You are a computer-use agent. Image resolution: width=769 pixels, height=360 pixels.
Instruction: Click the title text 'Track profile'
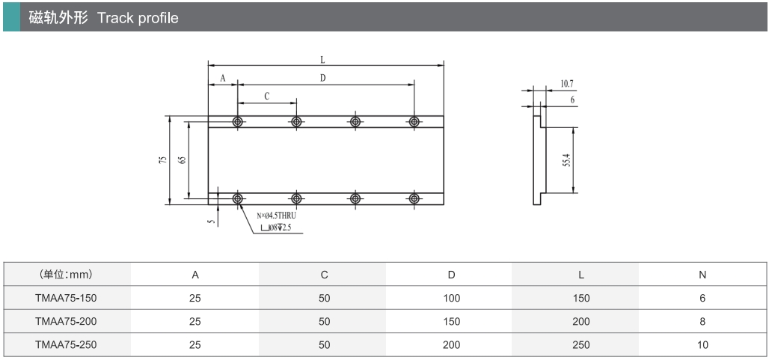138,18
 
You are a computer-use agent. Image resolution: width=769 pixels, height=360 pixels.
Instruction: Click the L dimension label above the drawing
322,59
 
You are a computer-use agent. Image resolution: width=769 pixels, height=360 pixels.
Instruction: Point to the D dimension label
322,77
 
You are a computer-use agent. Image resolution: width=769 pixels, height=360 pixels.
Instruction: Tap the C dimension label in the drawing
266,96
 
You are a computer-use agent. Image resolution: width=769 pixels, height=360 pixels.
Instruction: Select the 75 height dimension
162,159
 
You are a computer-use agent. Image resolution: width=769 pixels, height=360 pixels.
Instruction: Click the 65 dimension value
182,159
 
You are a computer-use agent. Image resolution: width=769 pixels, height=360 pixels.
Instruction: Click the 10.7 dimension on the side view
566,84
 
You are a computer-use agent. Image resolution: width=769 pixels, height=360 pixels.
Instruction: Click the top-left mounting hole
238,121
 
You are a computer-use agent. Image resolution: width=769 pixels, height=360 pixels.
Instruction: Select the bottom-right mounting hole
414,198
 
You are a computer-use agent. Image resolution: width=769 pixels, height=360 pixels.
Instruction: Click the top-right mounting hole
414,121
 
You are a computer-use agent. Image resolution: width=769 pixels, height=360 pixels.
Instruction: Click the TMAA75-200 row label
66,321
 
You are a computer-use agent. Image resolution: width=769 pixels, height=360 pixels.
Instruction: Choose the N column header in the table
702,275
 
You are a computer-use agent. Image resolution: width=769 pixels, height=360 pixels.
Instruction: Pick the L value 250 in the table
580,345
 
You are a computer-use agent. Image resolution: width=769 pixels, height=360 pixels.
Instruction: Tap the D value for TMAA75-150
451,298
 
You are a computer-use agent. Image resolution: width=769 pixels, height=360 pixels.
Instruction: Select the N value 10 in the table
702,345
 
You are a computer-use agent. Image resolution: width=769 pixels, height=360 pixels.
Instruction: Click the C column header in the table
324,275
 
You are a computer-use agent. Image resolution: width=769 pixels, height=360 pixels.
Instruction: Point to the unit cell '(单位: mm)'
66,275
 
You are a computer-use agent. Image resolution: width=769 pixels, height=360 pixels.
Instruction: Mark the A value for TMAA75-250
195,345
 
